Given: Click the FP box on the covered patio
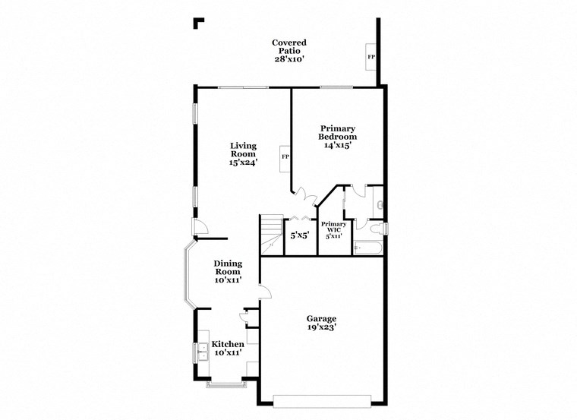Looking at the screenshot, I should (371, 57).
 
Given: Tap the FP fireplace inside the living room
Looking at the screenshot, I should (285, 157).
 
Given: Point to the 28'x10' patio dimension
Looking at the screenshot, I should (290, 59).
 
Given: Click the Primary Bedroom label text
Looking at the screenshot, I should (338, 133).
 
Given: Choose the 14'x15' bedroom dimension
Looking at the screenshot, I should (338, 145).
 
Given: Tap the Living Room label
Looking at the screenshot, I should (244, 150).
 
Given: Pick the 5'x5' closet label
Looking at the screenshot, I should (299, 235).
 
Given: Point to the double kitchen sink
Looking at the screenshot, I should (203, 351).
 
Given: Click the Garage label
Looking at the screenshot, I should (321, 319).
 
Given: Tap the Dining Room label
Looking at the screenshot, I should (228, 267).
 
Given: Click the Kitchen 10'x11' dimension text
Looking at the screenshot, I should (228, 353).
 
